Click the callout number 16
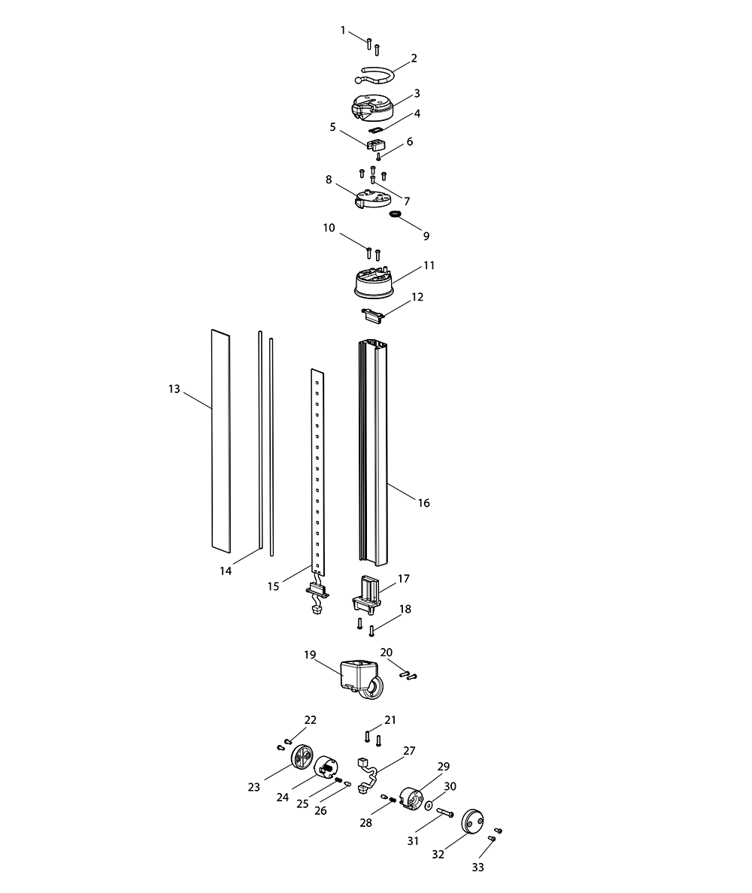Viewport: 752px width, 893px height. pyautogui.click(x=423, y=503)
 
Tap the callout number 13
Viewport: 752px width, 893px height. pyautogui.click(x=174, y=389)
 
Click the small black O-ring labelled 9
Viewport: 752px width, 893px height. pyautogui.click(x=395, y=213)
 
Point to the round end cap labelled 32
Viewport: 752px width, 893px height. pyautogui.click(x=472, y=820)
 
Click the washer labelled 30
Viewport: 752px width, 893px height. pyautogui.click(x=428, y=807)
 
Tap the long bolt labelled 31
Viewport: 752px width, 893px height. pyautogui.click(x=445, y=812)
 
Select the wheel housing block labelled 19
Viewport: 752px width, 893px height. pyautogui.click(x=361, y=677)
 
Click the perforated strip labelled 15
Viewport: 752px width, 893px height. pyautogui.click(x=317, y=471)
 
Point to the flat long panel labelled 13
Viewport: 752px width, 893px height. pyautogui.click(x=221, y=440)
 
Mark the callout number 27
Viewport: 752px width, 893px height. pyautogui.click(x=409, y=751)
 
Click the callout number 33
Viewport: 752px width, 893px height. pyautogui.click(x=478, y=867)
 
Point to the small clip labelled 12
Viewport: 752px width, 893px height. pyautogui.click(x=374, y=315)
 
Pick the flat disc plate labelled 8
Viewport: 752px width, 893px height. pyautogui.click(x=372, y=198)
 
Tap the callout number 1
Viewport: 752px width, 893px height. pyautogui.click(x=343, y=30)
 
